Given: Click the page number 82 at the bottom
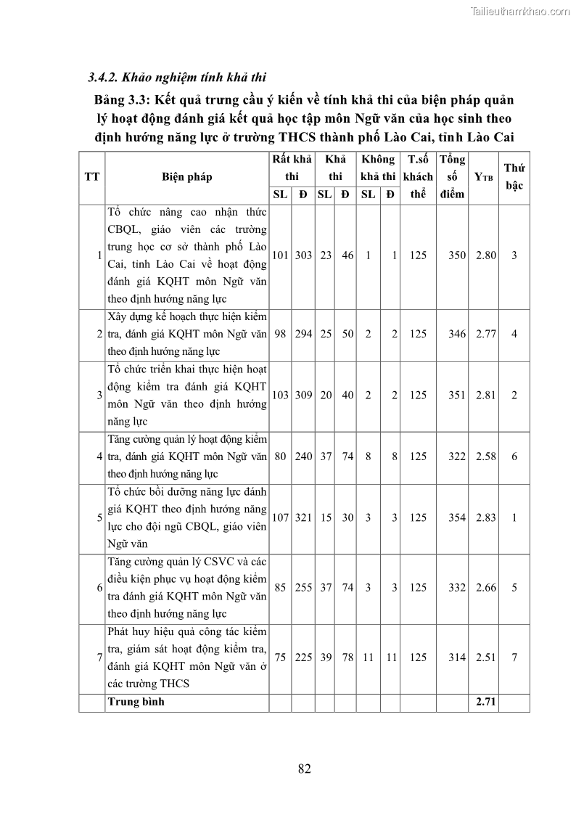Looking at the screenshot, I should pos(304,769).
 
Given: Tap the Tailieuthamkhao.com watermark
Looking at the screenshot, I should pos(521,11).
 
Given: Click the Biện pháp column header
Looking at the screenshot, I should pos(187,176).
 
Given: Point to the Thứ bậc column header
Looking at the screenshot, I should pos(514,176).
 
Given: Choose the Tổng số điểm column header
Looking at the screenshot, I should pos(452,176).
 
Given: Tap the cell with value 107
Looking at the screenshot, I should pos(280,518).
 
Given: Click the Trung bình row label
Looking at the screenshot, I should pos(136,702).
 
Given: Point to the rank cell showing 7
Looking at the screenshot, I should pos(514,658).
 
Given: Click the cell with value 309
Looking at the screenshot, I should pos(303,396).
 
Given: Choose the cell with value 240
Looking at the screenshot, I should pos(303,456).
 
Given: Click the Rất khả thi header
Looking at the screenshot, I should pos(292,168).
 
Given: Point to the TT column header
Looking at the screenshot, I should pos(92,176).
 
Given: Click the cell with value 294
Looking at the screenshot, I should pos(303,335).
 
